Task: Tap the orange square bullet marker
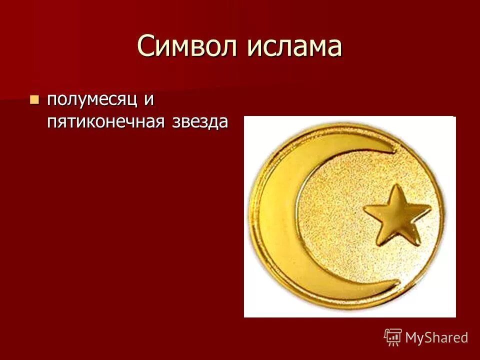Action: [34, 99]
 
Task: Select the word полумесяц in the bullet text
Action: [92, 99]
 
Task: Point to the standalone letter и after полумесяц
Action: [148, 99]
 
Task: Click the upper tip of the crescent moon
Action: [393, 147]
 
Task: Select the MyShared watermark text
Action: [436, 337]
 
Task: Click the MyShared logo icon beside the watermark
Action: [392, 337]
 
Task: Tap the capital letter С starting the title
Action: [146, 46]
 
